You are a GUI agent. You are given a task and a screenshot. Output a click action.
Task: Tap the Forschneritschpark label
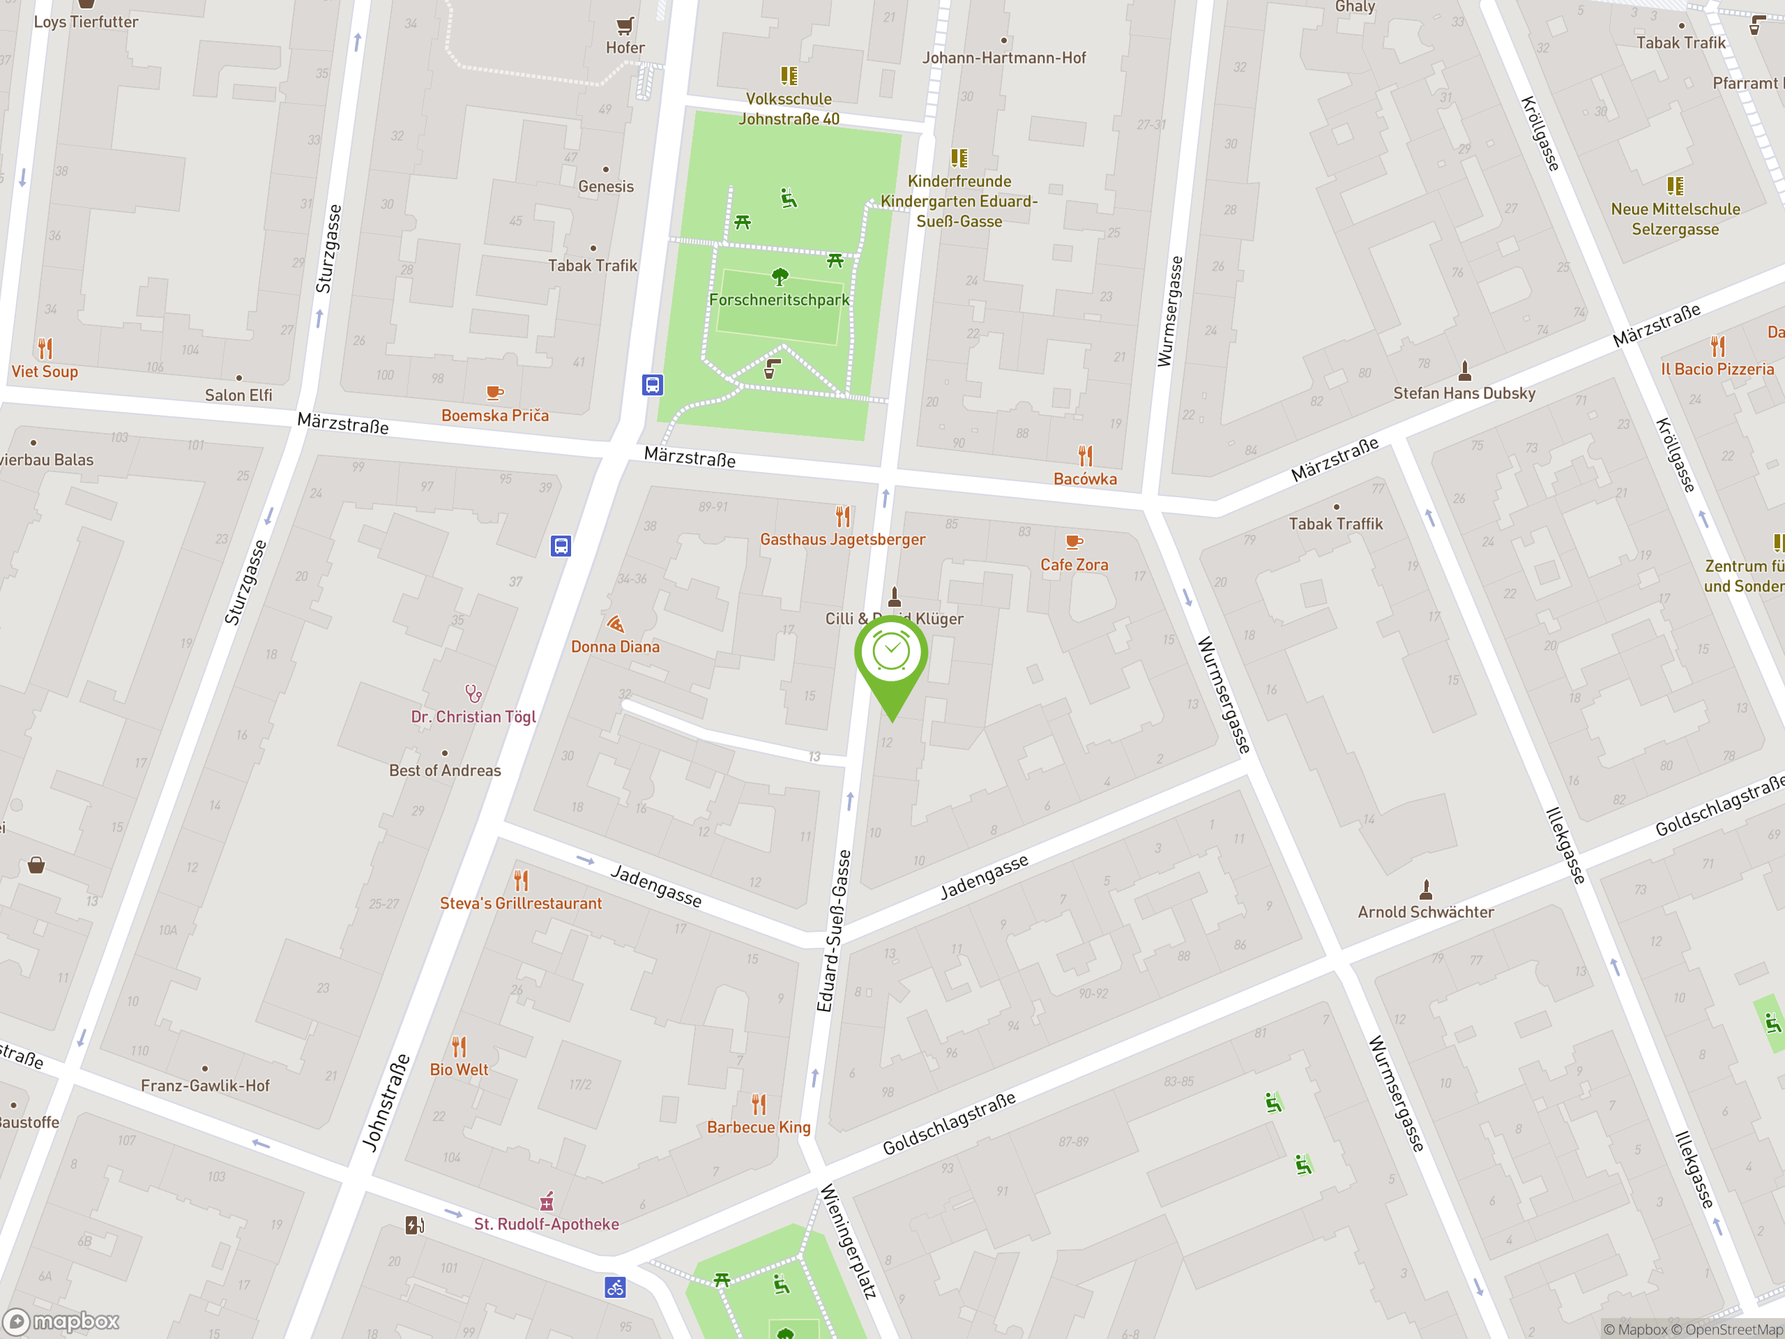tap(779, 301)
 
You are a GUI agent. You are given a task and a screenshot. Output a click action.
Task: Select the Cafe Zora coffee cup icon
tap(1073, 542)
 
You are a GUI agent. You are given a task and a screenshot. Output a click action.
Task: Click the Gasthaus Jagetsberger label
tap(842, 539)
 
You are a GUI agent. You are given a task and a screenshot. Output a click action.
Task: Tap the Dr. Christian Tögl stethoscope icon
tap(473, 693)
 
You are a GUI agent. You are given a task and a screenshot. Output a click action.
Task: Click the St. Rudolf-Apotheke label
tap(547, 1224)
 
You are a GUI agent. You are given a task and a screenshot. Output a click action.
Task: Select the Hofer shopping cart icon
tap(625, 26)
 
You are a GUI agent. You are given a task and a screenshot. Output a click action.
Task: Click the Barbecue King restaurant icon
tap(759, 1103)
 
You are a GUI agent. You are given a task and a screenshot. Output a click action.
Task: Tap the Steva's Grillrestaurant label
tap(520, 903)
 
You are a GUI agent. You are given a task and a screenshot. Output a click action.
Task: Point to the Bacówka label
tap(1086, 478)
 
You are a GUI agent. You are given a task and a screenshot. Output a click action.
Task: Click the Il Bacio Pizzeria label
tap(1717, 369)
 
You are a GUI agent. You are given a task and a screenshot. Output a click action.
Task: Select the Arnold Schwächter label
tap(1425, 912)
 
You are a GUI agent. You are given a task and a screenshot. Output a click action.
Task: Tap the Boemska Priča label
tap(494, 416)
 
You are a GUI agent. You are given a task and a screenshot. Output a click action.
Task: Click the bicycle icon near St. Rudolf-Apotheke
tap(615, 1287)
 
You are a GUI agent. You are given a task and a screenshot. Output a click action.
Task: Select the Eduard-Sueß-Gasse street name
tap(835, 930)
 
